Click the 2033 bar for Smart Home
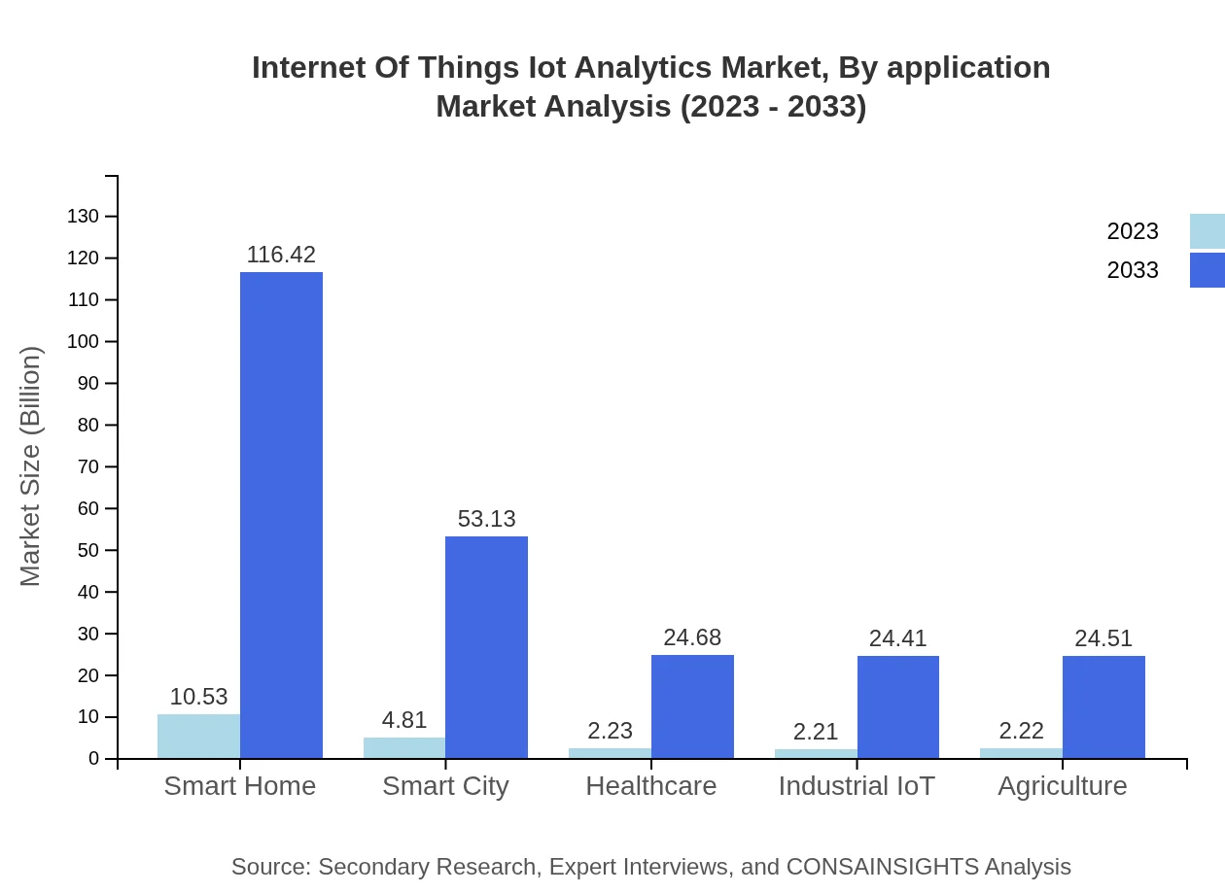(x=281, y=515)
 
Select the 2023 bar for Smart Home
(x=198, y=737)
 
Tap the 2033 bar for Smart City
(x=486, y=647)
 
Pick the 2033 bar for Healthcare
(x=692, y=706)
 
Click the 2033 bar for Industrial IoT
(x=897, y=707)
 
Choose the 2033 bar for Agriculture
(x=1103, y=707)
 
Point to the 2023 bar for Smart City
(x=404, y=748)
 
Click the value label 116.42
(x=281, y=255)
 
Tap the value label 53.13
(x=486, y=519)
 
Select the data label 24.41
(x=897, y=638)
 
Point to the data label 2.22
(x=1021, y=732)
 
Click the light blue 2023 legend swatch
(x=1207, y=231)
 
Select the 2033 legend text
(x=1133, y=270)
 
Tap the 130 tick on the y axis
(x=84, y=216)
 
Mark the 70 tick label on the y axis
(x=88, y=466)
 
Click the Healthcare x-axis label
(x=650, y=786)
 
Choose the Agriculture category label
(x=1062, y=786)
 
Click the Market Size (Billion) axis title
(x=31, y=466)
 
